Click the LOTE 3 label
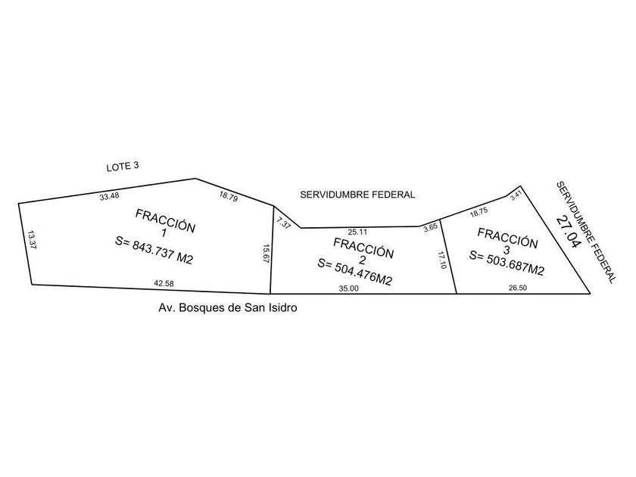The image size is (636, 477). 123,167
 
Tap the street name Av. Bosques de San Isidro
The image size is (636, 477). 228,307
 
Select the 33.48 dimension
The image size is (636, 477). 109,196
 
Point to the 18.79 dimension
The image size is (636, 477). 229,197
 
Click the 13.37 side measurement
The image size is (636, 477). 31,239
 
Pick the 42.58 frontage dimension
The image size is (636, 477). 164,283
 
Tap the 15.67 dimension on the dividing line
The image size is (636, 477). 266,254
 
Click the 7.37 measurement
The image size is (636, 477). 283,223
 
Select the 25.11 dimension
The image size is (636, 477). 357,232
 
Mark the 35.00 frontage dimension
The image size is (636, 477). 349,288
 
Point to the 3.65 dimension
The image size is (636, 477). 430,227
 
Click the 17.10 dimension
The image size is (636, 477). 442,260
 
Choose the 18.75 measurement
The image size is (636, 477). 479,212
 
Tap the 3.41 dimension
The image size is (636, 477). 516,195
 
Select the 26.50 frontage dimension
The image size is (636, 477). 518,288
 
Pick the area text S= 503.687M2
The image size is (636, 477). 507,263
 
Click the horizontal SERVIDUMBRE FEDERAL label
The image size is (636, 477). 357,195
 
